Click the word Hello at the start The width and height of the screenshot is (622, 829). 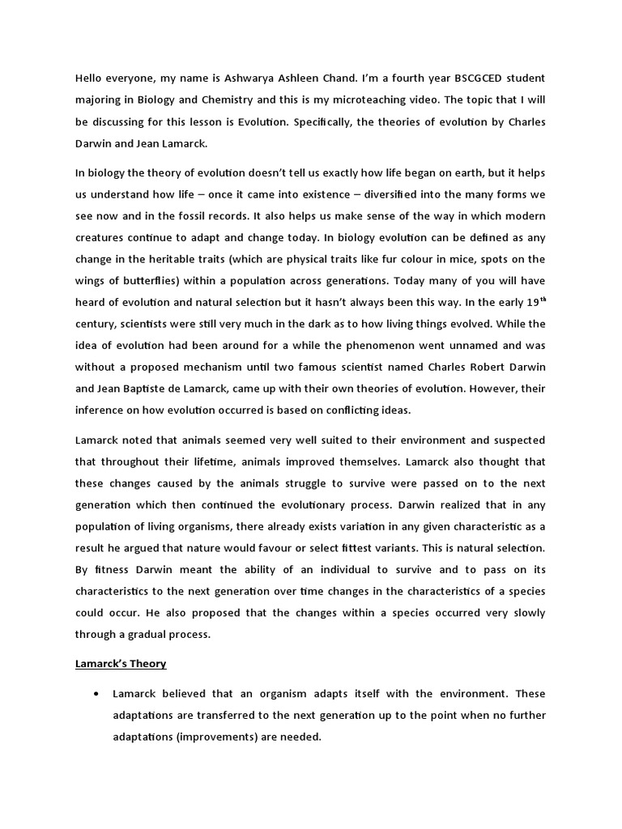point(92,78)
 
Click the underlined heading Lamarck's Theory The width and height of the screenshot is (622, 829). point(121,664)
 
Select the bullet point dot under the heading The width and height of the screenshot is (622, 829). point(97,695)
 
